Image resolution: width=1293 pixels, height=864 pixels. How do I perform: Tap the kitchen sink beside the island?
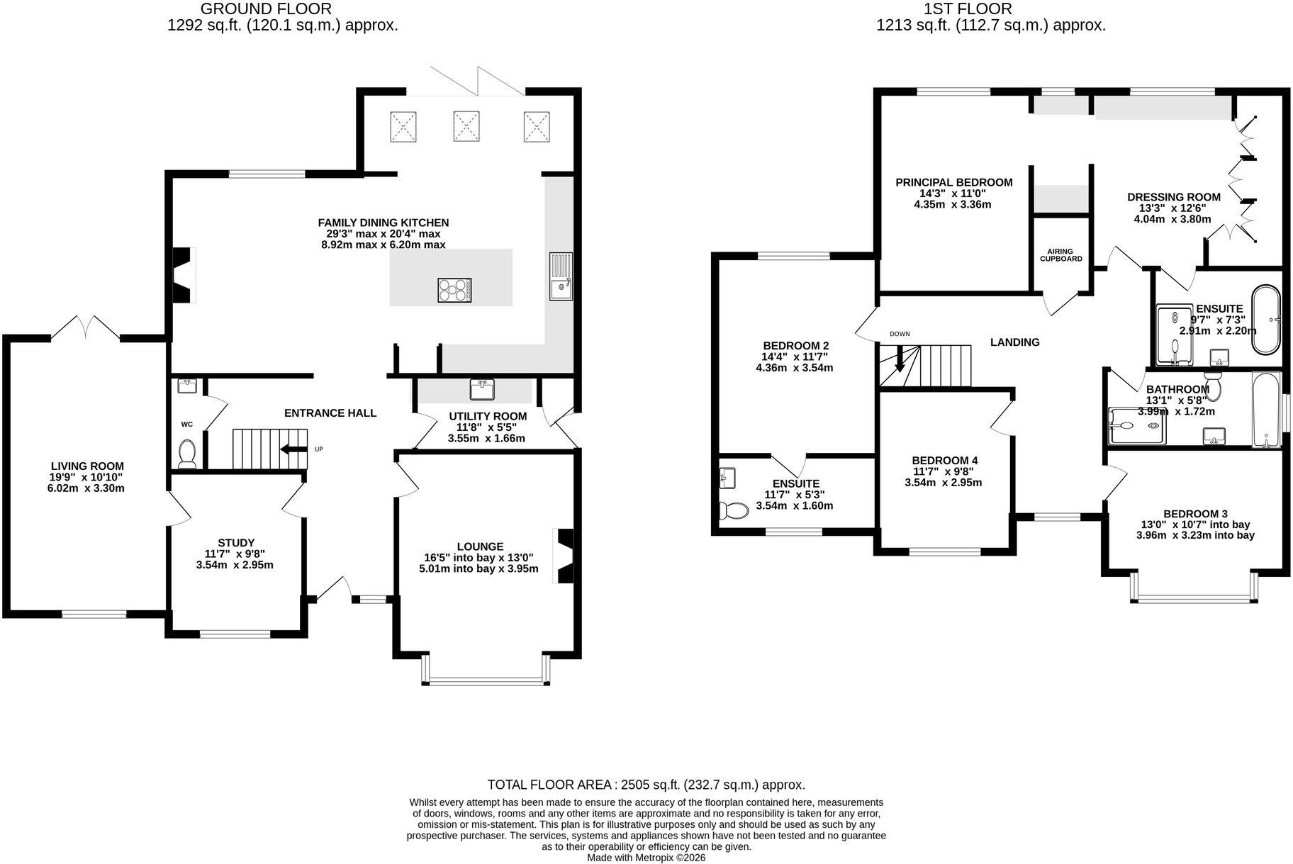(561, 276)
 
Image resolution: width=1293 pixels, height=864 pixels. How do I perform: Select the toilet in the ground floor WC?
(187, 453)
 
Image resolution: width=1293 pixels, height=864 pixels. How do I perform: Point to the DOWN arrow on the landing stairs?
(900, 359)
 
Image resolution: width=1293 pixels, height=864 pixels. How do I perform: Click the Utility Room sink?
(482, 389)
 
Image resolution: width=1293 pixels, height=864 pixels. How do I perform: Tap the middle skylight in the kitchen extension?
(466, 127)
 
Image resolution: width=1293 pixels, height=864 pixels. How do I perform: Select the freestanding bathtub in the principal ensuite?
(1266, 319)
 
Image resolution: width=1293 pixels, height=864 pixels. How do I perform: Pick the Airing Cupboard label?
(1060, 255)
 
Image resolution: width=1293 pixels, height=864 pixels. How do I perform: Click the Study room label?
(236, 543)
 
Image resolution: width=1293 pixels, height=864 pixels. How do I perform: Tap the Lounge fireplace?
(564, 556)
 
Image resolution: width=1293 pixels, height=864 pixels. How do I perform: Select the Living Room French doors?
(85, 327)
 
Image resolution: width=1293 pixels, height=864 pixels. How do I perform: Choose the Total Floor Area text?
(646, 785)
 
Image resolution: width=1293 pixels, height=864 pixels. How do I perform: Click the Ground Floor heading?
(266, 9)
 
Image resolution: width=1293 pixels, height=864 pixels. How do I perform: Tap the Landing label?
(1015, 342)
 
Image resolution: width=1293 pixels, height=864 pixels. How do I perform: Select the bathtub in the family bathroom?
(1266, 410)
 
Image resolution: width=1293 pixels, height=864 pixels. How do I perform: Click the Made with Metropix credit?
(646, 858)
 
